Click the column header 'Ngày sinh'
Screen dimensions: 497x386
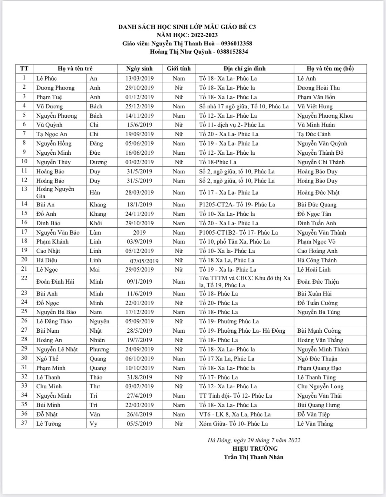point(139,69)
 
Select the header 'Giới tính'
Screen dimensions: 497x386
point(179,69)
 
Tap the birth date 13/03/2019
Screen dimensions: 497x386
point(139,79)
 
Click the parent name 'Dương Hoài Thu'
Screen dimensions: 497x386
point(318,88)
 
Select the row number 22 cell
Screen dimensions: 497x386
point(24,278)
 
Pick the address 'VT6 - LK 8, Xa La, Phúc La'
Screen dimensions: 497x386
point(235,414)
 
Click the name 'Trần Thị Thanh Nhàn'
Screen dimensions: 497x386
point(253,457)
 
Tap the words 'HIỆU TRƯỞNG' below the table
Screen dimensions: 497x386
point(255,449)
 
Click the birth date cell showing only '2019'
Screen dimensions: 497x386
point(139,233)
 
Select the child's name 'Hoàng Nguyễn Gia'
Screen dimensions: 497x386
point(55,193)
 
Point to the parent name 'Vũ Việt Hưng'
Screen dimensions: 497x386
point(315,106)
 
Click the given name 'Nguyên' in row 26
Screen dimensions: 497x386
point(99,321)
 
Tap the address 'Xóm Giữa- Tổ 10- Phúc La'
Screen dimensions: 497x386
point(233,424)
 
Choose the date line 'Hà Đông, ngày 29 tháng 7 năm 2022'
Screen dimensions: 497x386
point(254,440)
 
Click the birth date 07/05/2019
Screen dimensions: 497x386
point(144,261)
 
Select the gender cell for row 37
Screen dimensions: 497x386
point(179,424)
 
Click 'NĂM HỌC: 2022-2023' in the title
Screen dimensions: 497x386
point(187,35)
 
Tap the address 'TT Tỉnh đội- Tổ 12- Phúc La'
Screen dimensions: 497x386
point(235,396)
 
